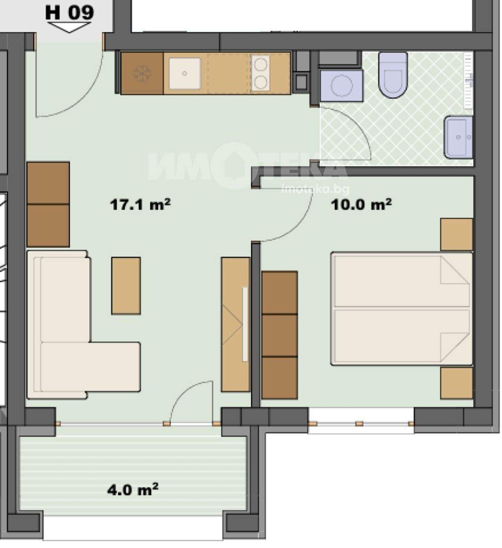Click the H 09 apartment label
tap(69, 13)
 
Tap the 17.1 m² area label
tap(140, 204)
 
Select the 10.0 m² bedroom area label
tap(361, 204)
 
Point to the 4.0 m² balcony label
tap(132, 490)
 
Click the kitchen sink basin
tap(185, 74)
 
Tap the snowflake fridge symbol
tap(142, 74)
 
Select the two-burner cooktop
tap(260, 73)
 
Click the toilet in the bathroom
tap(393, 75)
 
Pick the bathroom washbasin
tap(458, 137)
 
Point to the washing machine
tap(341, 85)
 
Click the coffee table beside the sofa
tap(126, 286)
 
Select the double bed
tap(402, 309)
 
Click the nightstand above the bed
tap(457, 234)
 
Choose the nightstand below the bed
tap(457, 383)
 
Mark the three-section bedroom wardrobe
tap(280, 335)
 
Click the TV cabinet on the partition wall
tap(236, 324)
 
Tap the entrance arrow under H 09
tap(69, 27)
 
